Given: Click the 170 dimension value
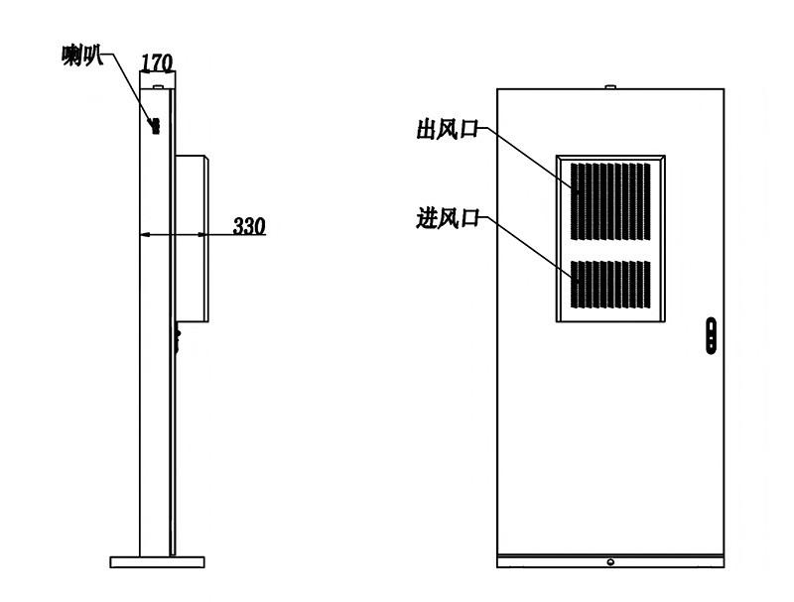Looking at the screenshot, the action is pyautogui.click(x=157, y=62).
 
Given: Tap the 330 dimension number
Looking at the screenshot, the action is pyautogui.click(x=249, y=226).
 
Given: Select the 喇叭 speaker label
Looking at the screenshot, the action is pyautogui.click(x=82, y=56).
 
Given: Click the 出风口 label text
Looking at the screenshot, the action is pyautogui.click(x=448, y=129).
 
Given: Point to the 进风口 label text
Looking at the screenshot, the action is pyautogui.click(x=448, y=218).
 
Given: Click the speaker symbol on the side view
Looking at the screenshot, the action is pyautogui.click(x=155, y=126).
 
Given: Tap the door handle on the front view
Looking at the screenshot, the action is pyautogui.click(x=711, y=335).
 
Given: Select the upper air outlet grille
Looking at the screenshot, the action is pyautogui.click(x=610, y=201).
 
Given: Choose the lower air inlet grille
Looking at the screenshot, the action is pyautogui.click(x=610, y=285).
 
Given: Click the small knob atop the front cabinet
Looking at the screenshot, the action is pyautogui.click(x=610, y=87).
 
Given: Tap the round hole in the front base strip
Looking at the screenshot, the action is pyautogui.click(x=610, y=562).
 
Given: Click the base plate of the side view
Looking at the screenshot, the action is pyautogui.click(x=158, y=562).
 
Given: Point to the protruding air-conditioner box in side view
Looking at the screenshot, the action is pyautogui.click(x=192, y=238).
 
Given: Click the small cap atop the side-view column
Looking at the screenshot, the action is pyautogui.click(x=158, y=87).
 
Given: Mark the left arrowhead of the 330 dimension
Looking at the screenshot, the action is pyautogui.click(x=145, y=235).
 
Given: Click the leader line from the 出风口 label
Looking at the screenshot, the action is pyautogui.click(x=528, y=160).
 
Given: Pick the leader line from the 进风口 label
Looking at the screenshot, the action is pyautogui.click(x=528, y=249).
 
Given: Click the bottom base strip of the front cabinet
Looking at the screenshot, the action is pyautogui.click(x=610, y=561).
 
